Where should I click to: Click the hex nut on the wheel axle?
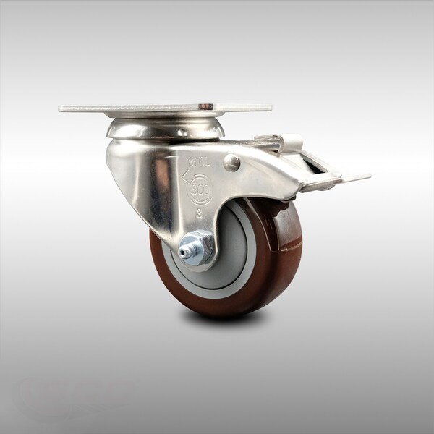click(197, 247)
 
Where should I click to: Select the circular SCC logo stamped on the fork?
click(200, 189)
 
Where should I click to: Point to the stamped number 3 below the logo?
click(199, 214)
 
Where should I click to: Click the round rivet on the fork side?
click(231, 163)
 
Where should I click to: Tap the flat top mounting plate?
click(165, 109)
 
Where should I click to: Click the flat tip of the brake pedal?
click(356, 177)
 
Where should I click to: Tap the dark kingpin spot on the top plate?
click(207, 107)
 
